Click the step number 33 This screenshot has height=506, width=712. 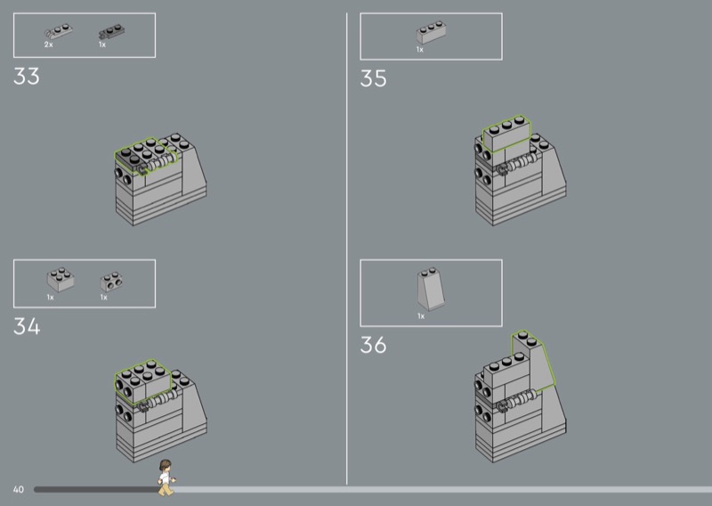tap(27, 76)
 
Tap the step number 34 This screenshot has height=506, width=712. tap(27, 326)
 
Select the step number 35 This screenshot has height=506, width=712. tap(373, 78)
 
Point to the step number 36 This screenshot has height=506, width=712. tap(373, 345)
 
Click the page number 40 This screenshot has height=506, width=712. tap(18, 489)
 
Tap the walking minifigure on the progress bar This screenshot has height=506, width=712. tap(166, 477)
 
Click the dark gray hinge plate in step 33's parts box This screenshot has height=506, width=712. tap(112, 31)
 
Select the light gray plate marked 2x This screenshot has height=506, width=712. tap(58, 31)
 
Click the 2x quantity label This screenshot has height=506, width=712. tap(49, 45)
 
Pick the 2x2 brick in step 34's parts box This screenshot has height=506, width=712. tap(61, 279)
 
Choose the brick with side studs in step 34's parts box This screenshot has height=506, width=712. tap(111, 282)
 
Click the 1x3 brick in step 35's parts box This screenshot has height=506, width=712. tap(431, 32)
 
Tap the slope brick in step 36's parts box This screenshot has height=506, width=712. tap(431, 289)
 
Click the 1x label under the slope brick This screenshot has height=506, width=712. tap(421, 316)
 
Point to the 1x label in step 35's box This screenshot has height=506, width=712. tap(420, 49)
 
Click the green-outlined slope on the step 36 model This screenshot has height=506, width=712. tap(533, 362)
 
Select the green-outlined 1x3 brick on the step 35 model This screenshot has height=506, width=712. tap(506, 134)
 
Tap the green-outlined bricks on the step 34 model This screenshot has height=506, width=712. tap(142, 381)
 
